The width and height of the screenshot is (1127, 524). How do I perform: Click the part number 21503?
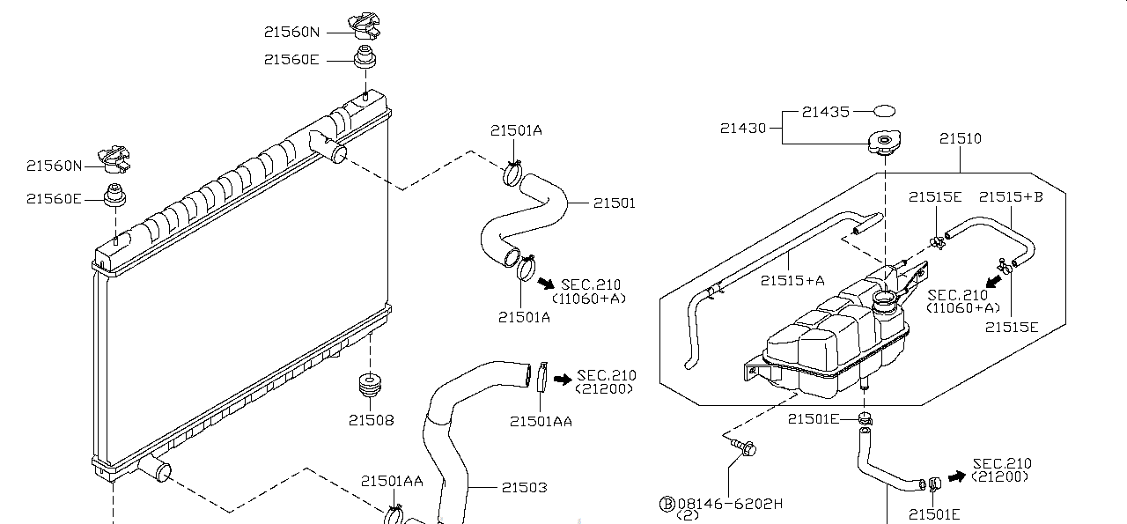click(x=524, y=487)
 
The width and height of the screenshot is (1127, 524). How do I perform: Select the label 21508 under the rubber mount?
click(x=372, y=420)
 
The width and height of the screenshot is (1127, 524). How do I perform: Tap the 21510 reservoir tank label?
click(x=961, y=138)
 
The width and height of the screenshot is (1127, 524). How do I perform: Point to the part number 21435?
click(x=826, y=112)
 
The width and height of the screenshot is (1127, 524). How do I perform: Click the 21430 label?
click(x=743, y=129)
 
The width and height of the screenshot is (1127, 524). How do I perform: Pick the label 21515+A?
click(x=792, y=280)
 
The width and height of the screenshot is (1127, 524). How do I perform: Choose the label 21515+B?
click(x=1011, y=196)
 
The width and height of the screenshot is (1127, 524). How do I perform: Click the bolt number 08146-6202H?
click(x=730, y=504)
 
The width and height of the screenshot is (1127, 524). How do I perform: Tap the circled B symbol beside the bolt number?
click(x=667, y=504)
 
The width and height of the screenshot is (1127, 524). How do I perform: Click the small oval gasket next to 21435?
click(x=884, y=111)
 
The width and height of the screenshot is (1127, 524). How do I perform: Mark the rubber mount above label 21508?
click(x=370, y=385)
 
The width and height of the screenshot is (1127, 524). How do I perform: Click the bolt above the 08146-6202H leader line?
click(x=744, y=447)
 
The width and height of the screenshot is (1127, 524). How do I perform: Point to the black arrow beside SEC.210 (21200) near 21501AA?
click(x=563, y=379)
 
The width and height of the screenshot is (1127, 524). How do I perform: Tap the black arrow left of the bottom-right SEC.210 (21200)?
click(x=957, y=476)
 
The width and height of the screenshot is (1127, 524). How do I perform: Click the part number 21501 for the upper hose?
click(x=615, y=203)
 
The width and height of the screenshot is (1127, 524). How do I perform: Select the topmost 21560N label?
click(x=291, y=33)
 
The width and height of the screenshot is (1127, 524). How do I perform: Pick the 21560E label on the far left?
click(x=54, y=199)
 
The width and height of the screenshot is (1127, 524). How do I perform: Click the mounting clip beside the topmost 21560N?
click(x=365, y=26)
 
